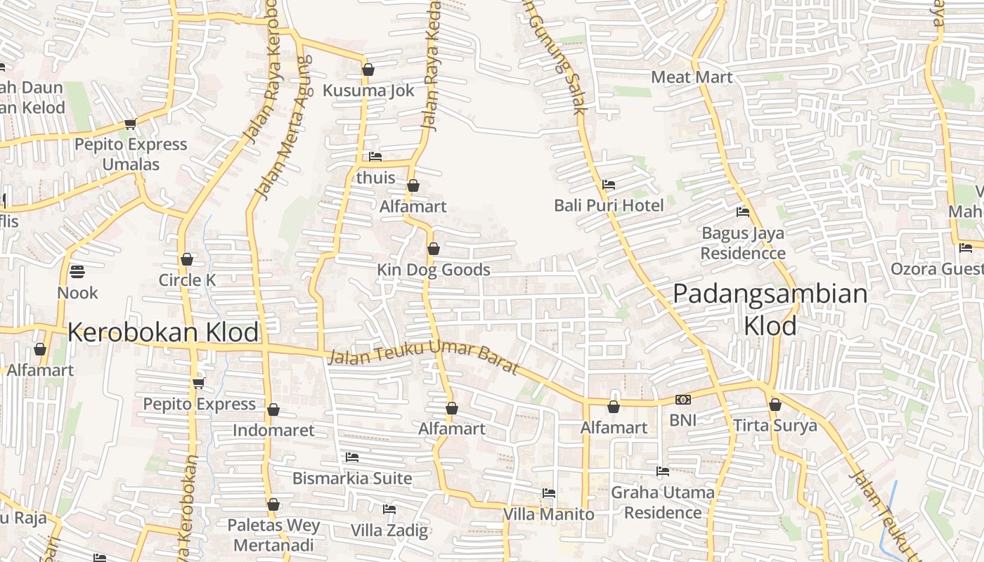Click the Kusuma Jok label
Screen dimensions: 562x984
click(x=368, y=91)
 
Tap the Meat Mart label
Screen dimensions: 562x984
click(x=692, y=77)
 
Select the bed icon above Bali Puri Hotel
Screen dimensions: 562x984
click(x=609, y=185)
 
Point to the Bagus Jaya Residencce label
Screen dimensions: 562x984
click(x=743, y=243)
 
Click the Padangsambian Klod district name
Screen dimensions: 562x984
click(x=770, y=309)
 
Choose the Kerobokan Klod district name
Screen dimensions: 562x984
click(x=163, y=332)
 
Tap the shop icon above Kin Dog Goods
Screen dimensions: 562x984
click(x=434, y=249)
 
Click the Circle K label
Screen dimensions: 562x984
click(x=187, y=280)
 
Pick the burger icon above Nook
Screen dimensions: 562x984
click(x=77, y=271)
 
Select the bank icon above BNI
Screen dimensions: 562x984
click(x=682, y=400)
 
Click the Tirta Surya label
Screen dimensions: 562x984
click(x=775, y=426)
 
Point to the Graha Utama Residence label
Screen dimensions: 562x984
click(x=663, y=502)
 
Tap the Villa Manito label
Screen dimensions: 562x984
click(x=548, y=514)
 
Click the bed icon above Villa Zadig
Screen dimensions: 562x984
click(x=389, y=509)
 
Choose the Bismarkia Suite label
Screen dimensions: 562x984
click(x=352, y=478)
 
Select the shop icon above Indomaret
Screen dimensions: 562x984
click(x=273, y=410)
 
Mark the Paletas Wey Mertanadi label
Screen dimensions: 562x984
click(x=273, y=535)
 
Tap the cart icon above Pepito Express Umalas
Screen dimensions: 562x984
click(x=130, y=124)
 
